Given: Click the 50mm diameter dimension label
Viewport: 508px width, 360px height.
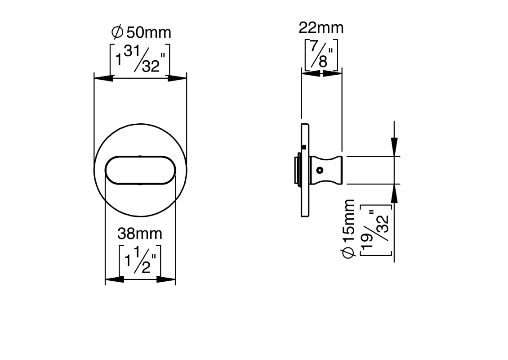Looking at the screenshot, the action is (141, 32).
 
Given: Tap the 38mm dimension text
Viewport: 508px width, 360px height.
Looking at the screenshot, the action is (140, 234).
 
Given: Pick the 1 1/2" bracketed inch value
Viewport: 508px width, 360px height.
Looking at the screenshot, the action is (140, 261).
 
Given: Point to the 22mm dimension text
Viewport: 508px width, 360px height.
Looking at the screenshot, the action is (321, 28).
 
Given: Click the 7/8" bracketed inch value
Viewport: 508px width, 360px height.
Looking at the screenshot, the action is (321, 54).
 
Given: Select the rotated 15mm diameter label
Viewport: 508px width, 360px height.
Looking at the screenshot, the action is (348, 229).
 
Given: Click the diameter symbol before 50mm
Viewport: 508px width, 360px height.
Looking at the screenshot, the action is (117, 32).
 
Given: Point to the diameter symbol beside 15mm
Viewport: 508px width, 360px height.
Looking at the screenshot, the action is (348, 253).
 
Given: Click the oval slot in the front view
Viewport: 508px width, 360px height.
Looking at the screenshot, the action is (140, 170).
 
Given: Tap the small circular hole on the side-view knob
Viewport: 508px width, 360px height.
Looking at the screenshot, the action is (320, 170).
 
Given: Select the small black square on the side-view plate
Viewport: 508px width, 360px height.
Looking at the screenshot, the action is (304, 147).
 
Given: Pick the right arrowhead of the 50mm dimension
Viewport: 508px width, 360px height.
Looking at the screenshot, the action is (177, 78).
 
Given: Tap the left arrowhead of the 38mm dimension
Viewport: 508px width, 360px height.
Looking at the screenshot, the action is (115, 279).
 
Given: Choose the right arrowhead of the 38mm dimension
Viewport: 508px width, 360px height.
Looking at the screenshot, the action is (166, 279).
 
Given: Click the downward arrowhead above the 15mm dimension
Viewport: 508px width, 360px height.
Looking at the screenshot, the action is (394, 147).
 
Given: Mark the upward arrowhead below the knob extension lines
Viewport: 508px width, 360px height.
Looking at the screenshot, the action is (394, 193).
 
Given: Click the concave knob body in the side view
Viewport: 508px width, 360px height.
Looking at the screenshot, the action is (326, 170).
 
